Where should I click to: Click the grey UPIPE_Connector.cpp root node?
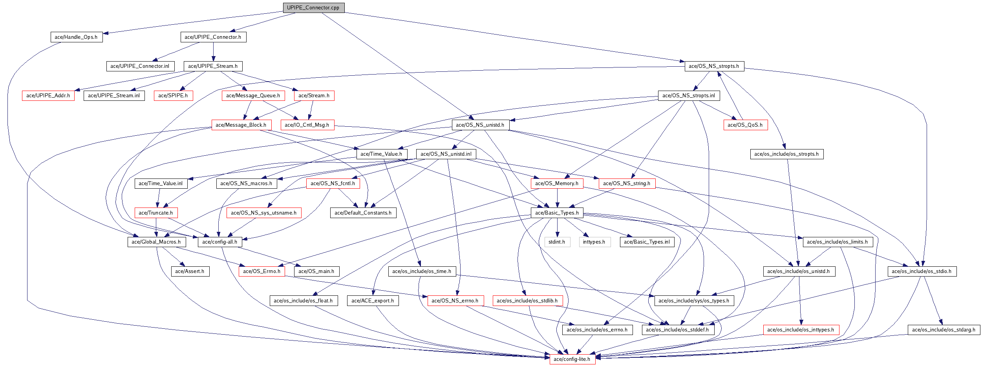313,8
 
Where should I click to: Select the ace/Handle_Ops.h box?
76,37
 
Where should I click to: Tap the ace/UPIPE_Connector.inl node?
140,66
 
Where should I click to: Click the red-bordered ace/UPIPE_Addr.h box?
48,96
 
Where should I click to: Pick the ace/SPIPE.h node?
173,96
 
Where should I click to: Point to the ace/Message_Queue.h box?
253,96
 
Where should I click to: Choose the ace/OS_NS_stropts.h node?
714,66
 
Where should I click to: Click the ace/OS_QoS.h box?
745,125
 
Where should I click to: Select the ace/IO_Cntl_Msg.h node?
307,125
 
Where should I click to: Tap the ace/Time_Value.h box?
381,154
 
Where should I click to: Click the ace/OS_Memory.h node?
557,184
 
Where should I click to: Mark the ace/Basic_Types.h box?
557,213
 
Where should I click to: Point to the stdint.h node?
557,242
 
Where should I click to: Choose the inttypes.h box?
594,242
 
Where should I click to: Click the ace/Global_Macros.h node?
156,242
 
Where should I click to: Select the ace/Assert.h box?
190,271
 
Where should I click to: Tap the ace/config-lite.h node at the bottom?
572,359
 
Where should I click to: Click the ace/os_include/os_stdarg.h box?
944,330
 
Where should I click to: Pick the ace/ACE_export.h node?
373,301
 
